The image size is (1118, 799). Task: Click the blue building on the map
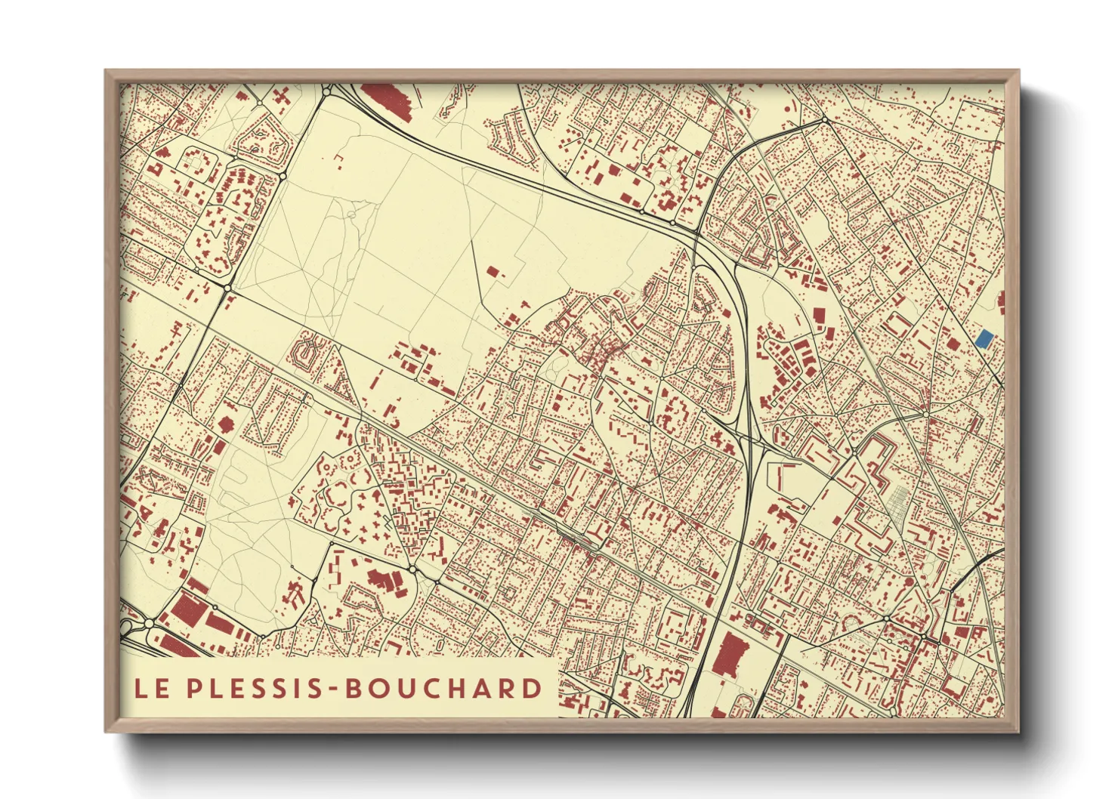pos(983,338)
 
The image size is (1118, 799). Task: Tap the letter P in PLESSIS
pos(194,688)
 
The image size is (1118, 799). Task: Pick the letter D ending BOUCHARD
pos(533,688)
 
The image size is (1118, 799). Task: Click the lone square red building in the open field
pos(493,271)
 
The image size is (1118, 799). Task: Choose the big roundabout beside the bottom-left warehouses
pos(150,623)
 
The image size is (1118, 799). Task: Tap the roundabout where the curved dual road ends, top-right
pos(825,120)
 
